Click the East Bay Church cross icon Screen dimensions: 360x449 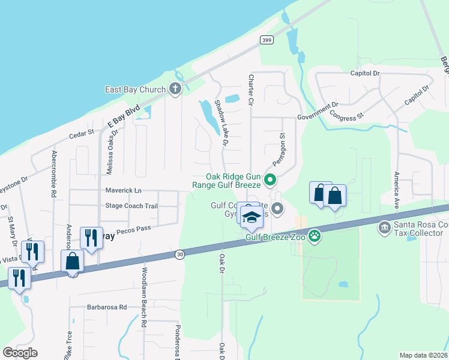click(x=175, y=90)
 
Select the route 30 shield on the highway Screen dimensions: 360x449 click(x=179, y=255)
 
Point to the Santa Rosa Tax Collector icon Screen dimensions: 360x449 click(x=384, y=228)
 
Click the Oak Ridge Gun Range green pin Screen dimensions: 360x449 click(x=270, y=179)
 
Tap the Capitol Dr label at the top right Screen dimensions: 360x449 click(x=366, y=73)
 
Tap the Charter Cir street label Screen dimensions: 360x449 click(x=250, y=91)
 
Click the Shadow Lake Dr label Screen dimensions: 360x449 click(x=221, y=123)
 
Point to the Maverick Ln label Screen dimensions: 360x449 click(x=123, y=190)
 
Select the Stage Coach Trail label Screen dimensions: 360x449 click(x=131, y=206)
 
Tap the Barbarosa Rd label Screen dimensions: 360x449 click(x=107, y=307)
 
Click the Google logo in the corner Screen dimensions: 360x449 click(x=20, y=353)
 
